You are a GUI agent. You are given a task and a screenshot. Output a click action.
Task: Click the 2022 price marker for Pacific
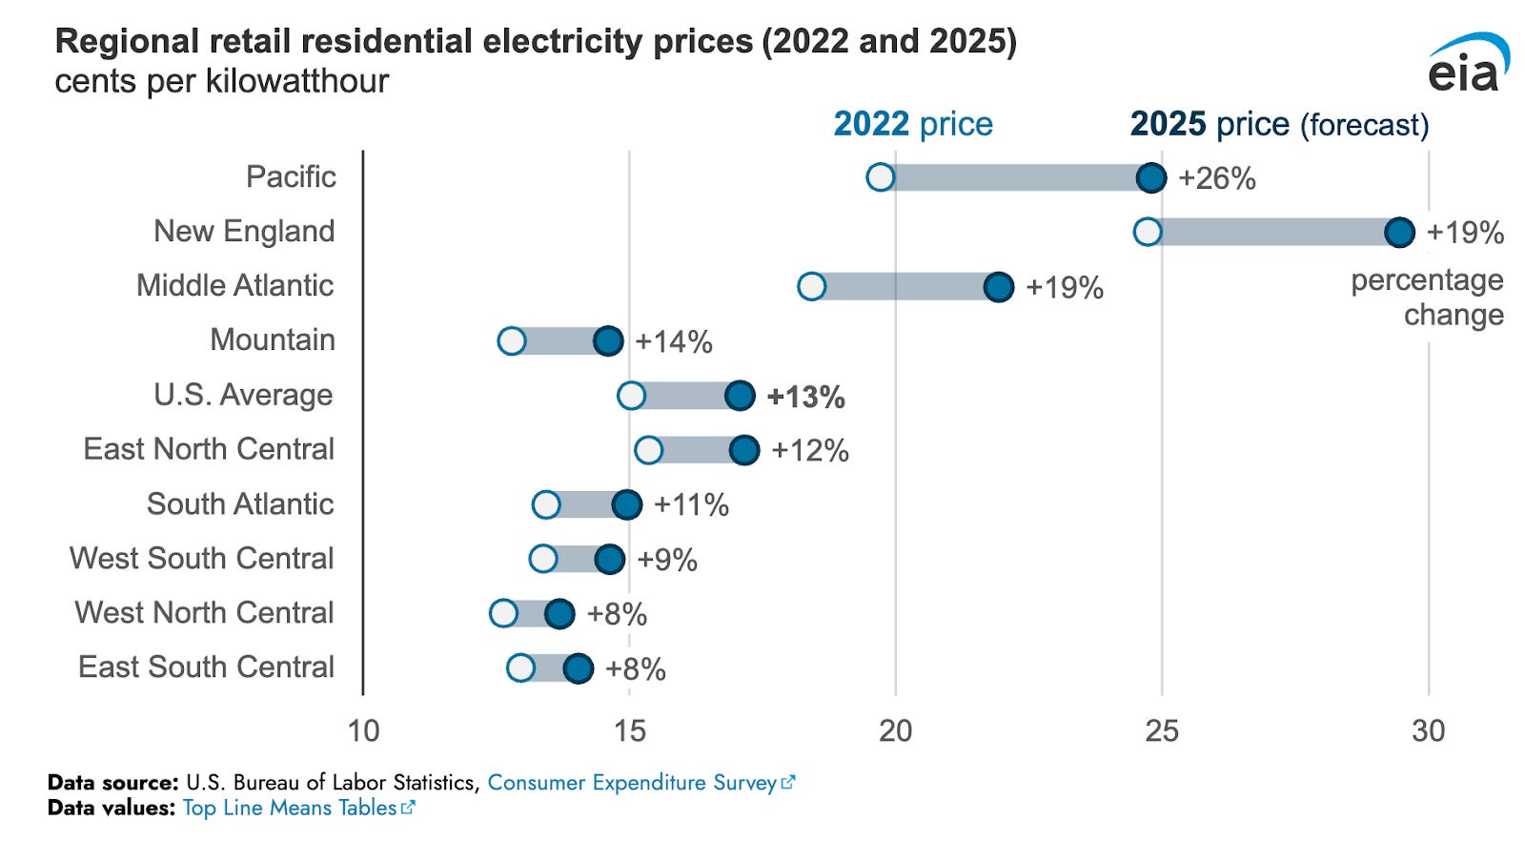click(x=881, y=177)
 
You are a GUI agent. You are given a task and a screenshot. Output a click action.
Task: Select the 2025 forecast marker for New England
click(x=1399, y=232)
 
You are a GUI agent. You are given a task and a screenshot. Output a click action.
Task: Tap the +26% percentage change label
click(x=1217, y=178)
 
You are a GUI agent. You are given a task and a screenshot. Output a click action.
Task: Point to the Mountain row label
click(x=273, y=339)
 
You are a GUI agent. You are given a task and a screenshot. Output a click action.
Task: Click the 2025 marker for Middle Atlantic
click(x=998, y=286)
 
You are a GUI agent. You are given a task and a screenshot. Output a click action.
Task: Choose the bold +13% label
click(x=805, y=397)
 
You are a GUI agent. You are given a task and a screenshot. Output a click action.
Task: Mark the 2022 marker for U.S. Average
click(x=631, y=395)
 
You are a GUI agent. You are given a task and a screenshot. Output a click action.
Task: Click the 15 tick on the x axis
click(x=629, y=731)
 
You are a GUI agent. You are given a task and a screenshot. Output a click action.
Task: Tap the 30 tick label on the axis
click(x=1428, y=731)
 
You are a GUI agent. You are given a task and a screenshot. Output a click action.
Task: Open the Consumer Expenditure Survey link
click(x=633, y=783)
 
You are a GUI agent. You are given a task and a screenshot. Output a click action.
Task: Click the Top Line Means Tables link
click(x=290, y=809)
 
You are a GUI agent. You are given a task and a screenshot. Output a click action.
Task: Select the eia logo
click(x=1468, y=64)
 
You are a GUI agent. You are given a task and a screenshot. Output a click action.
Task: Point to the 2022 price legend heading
click(x=913, y=124)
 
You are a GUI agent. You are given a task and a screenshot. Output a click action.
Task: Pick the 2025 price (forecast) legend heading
click(x=1279, y=124)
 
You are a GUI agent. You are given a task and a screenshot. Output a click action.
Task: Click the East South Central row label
click(x=206, y=667)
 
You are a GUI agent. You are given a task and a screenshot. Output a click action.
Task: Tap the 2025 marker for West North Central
click(x=559, y=613)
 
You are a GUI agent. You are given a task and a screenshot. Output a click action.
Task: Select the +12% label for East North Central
click(x=809, y=450)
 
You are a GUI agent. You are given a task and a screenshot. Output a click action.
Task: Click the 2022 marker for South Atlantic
click(x=546, y=504)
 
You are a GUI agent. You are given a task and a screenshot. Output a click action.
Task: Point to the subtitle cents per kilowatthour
click(x=222, y=82)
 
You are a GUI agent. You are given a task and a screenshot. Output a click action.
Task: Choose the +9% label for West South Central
click(x=667, y=560)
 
